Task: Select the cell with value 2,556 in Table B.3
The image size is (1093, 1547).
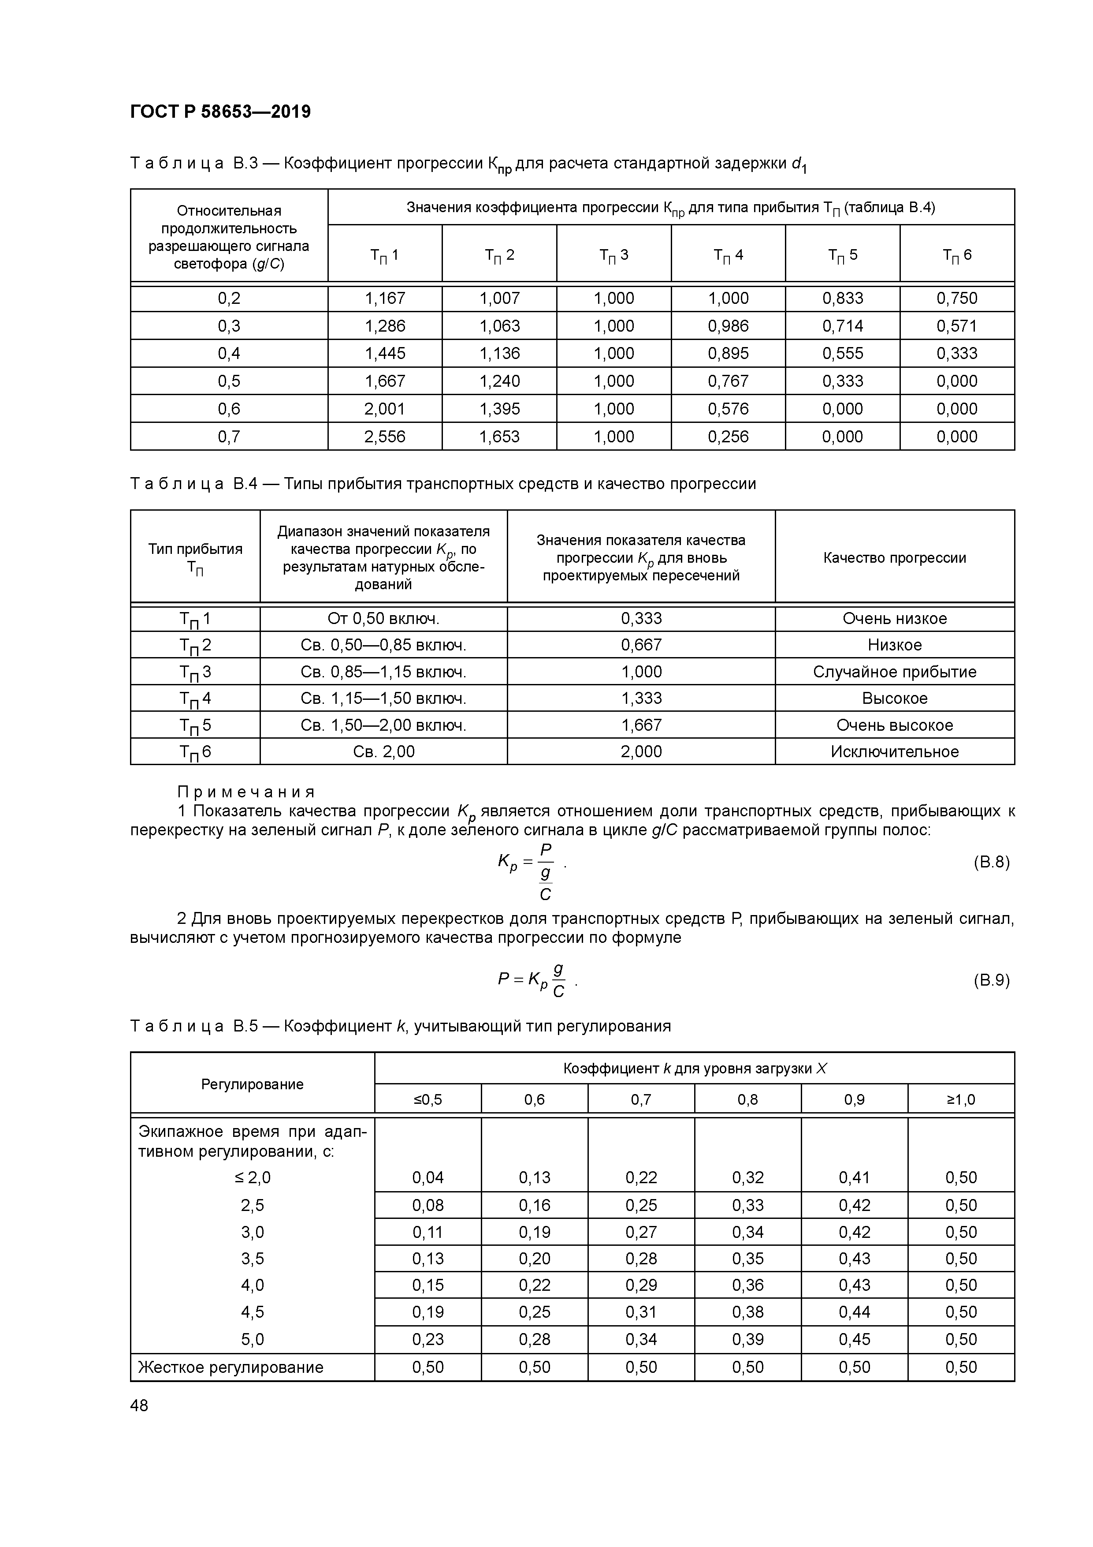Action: (385, 437)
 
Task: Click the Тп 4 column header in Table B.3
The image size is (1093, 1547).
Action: (728, 255)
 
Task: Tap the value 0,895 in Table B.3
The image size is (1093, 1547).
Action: (728, 353)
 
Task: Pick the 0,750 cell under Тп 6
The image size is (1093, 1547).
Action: (956, 298)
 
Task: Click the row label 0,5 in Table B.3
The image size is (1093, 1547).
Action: (229, 381)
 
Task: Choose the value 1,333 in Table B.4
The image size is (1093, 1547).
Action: (641, 698)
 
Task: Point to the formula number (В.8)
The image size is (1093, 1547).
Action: (991, 862)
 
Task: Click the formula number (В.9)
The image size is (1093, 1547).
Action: (991, 980)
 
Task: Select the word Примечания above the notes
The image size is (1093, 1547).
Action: (246, 792)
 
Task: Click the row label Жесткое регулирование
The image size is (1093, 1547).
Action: (231, 1367)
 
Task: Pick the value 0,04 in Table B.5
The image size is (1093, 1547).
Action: (428, 1177)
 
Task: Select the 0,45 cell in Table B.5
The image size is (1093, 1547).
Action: (854, 1339)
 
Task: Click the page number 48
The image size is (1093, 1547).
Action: (139, 1405)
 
